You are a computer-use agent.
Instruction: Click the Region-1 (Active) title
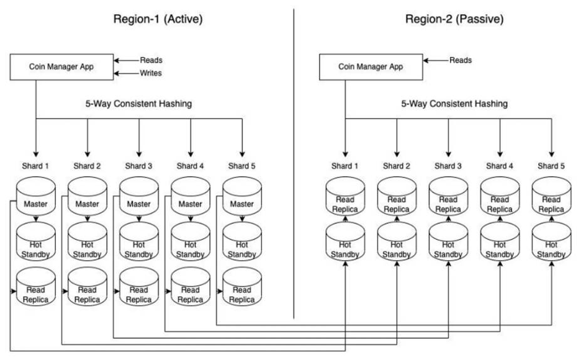pyautogui.click(x=158, y=19)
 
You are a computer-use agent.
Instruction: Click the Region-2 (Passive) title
pyautogui.click(x=454, y=19)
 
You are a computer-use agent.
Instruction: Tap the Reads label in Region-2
pyautogui.click(x=461, y=60)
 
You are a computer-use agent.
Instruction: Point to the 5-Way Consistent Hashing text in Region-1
pyautogui.click(x=138, y=104)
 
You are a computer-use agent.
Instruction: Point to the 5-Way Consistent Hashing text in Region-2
pyautogui.click(x=455, y=104)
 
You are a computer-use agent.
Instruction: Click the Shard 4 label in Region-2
pyautogui.click(x=500, y=166)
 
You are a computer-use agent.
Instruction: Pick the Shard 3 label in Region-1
pyautogui.click(x=138, y=166)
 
